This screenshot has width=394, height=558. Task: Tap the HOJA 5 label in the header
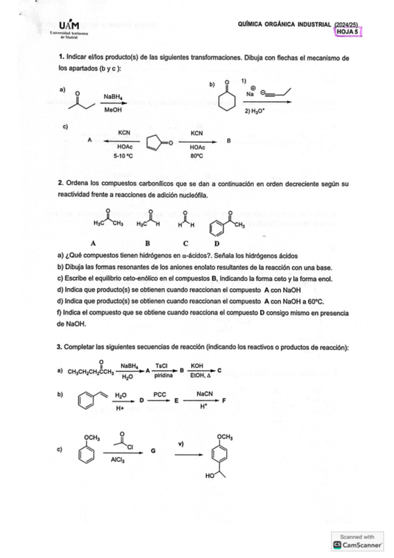[347, 30]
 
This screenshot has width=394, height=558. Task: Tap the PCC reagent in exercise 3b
[159, 395]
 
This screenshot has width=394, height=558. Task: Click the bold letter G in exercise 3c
[153, 451]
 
